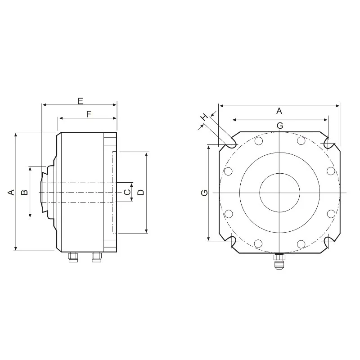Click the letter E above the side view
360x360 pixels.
[x=81, y=101]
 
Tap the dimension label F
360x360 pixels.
[x=89, y=114]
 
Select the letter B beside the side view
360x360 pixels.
[x=25, y=192]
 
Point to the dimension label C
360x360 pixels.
[x=127, y=192]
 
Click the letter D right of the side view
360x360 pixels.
[x=141, y=192]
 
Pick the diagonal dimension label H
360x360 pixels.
[x=204, y=117]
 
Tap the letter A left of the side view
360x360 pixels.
[x=11, y=192]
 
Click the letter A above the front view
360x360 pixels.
[x=279, y=111]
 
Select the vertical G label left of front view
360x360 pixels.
[x=204, y=193]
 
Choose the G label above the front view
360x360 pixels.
[x=280, y=126]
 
